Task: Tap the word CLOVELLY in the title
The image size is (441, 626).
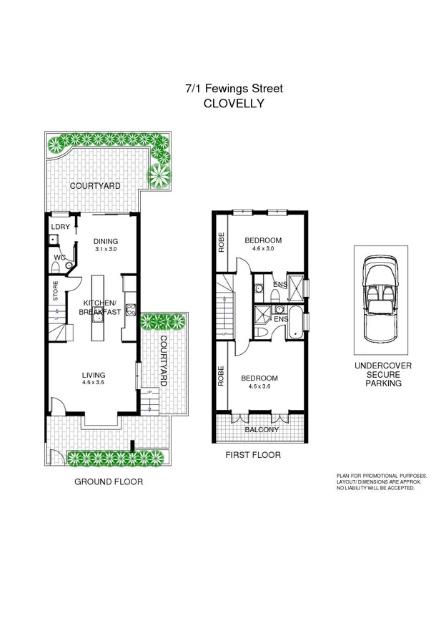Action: (x=234, y=103)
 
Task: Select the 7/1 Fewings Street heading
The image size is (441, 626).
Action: (x=234, y=89)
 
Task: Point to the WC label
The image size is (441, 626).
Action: (x=60, y=257)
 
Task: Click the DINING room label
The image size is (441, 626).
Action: (x=106, y=241)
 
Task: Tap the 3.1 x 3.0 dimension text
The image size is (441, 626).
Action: (x=105, y=250)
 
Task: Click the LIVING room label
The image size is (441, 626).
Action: (x=94, y=375)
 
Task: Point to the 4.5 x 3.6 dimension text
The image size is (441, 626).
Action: (x=94, y=383)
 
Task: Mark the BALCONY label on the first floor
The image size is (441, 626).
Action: (x=262, y=429)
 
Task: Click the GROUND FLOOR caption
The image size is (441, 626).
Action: (x=109, y=482)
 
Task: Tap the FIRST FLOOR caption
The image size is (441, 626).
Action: (x=253, y=455)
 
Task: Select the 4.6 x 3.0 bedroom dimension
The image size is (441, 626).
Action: (x=263, y=248)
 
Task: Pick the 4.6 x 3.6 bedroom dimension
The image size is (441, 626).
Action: (x=263, y=387)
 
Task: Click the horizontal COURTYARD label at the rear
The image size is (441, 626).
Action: (x=95, y=186)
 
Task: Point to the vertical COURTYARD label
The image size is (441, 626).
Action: (x=163, y=361)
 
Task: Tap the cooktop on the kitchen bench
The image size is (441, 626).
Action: (x=131, y=310)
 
